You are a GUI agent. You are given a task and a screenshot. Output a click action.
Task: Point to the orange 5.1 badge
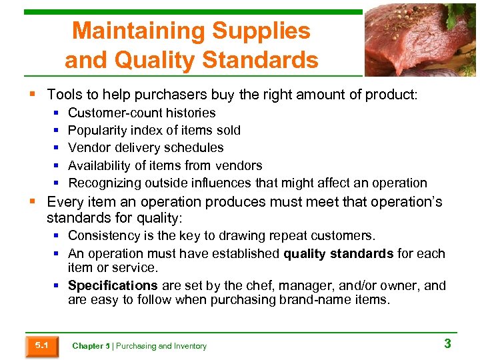point(41,345)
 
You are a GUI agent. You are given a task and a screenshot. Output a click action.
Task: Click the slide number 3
point(447,344)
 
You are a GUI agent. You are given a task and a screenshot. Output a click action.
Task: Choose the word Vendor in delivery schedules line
point(89,147)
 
